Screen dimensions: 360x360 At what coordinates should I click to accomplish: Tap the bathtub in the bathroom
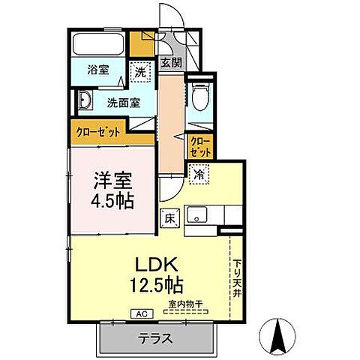99,43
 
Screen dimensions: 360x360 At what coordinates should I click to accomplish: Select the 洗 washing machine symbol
140,72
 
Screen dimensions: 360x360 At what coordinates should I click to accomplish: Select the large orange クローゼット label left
98,132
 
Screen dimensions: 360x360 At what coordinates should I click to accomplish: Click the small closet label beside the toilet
199,144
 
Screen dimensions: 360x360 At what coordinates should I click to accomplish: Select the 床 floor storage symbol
169,218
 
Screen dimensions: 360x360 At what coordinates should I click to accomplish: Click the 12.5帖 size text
157,285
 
